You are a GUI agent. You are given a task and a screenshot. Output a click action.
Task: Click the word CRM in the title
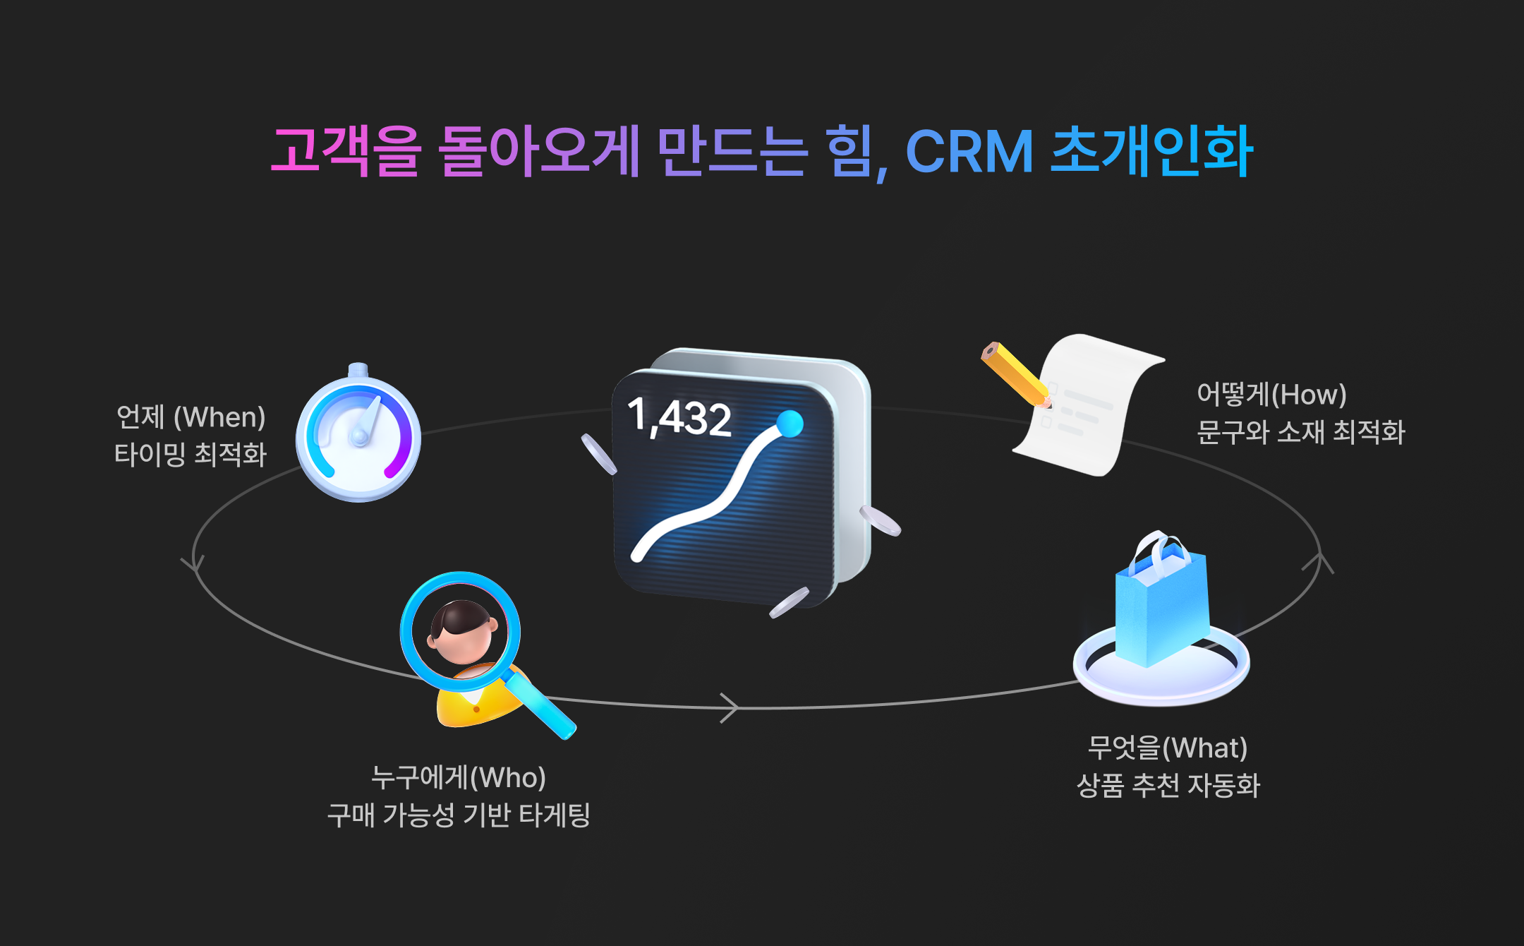[x=969, y=152]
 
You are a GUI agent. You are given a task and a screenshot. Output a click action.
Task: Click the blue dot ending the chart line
[x=790, y=424]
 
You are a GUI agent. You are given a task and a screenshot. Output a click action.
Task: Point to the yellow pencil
[x=1015, y=374]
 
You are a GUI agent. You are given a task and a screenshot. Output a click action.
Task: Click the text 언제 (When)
[x=190, y=417]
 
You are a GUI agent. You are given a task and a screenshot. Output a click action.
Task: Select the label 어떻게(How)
[x=1271, y=395]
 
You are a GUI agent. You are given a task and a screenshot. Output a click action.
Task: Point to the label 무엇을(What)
[x=1168, y=748]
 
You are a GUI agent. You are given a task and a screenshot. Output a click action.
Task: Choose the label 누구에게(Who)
[x=459, y=777]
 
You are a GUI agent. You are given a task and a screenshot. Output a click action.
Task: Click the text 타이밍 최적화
[x=190, y=455]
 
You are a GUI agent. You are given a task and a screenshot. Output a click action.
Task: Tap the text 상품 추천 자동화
[x=1168, y=785]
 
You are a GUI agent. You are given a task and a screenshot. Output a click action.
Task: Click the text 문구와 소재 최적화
[x=1301, y=432]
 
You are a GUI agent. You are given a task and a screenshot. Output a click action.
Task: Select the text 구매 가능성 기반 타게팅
[x=459, y=815]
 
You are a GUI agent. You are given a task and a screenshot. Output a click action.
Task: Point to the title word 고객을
[x=346, y=152]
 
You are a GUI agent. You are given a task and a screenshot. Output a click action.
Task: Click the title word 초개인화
[x=1151, y=152]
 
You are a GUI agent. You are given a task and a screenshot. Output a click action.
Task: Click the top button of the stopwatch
[x=358, y=369]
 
